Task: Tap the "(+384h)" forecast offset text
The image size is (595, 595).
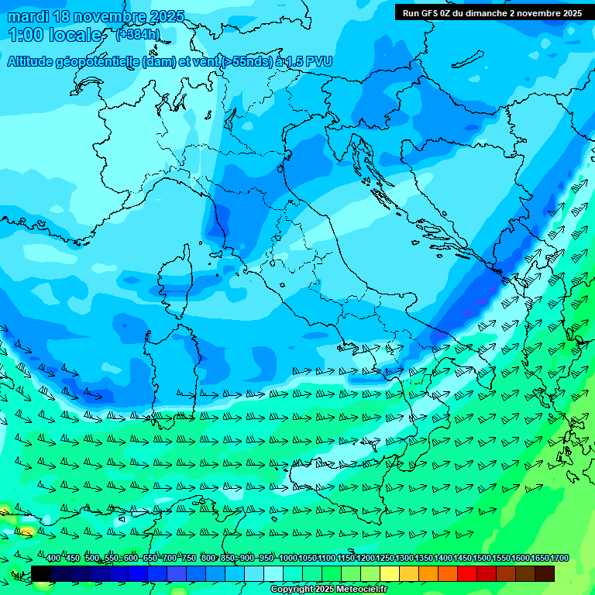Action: [x=138, y=34]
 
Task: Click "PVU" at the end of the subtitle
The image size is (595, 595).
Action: [x=318, y=61]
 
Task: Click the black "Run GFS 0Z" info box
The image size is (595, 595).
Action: [x=492, y=12]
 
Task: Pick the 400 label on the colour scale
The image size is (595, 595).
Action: [x=53, y=559]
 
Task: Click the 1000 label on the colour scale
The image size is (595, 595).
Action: [x=287, y=559]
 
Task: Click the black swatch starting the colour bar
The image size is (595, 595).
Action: [x=41, y=573]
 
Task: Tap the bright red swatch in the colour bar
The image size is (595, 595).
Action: [x=467, y=573]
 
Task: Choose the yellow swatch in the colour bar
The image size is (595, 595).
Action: [x=390, y=573]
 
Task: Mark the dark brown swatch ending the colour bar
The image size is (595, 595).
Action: [x=545, y=573]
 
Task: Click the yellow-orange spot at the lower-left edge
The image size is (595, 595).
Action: [x=27, y=531]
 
